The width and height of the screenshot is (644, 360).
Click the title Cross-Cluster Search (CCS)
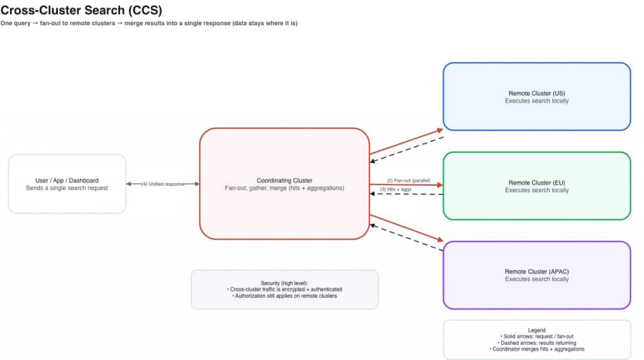pos(80,11)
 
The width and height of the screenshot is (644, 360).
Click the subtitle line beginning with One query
pos(149,24)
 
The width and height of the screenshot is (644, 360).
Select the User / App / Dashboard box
pos(67,183)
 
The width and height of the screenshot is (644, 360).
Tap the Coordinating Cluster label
pos(284,180)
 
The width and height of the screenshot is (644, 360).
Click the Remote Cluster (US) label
pos(536,93)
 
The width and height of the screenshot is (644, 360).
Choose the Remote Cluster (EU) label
pos(536,183)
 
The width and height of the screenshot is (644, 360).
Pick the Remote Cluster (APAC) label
pos(536,271)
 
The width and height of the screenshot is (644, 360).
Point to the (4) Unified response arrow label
pos(162,184)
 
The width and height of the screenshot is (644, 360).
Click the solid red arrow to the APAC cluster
pos(407,228)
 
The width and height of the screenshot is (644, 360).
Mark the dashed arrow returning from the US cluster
pos(407,149)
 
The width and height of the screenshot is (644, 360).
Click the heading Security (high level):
pos(285,283)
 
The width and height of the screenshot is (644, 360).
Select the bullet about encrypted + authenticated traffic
pos(285,290)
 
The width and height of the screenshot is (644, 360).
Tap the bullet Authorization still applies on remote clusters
pos(285,296)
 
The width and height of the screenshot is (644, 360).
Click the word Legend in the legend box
pos(536,330)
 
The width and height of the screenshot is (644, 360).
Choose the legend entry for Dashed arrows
pos(536,342)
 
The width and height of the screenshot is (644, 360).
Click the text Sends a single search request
pos(67,188)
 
